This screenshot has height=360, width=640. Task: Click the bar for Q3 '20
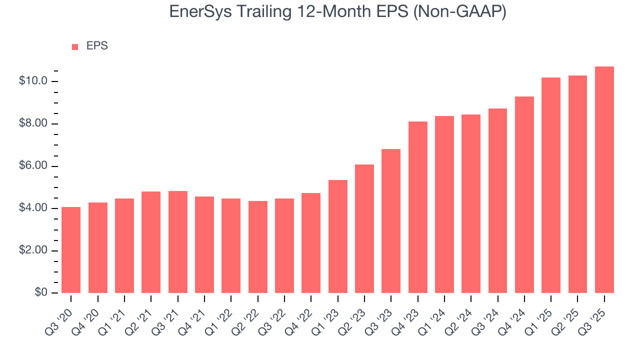[x=71, y=250]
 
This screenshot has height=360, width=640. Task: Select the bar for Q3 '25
[x=604, y=180]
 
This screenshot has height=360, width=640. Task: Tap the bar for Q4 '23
[x=417, y=207]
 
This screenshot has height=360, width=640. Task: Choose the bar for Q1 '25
[x=551, y=185]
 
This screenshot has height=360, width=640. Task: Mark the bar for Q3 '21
[x=177, y=242]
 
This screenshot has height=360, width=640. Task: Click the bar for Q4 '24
[x=524, y=195]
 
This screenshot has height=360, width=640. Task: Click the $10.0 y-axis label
[x=33, y=81]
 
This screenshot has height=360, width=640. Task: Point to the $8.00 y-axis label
[x=33, y=123]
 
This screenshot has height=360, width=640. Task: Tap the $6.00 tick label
[x=33, y=166]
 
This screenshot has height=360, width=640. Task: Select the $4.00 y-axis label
[x=33, y=208]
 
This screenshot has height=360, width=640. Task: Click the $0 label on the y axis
[x=40, y=292]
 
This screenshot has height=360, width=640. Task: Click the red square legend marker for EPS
[x=75, y=46]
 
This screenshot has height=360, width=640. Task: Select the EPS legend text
[x=97, y=46]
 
